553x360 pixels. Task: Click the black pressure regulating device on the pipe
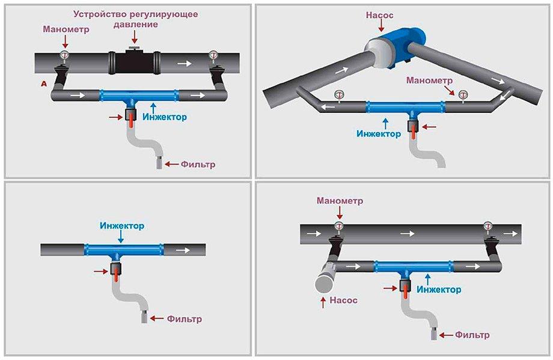pos(134,62)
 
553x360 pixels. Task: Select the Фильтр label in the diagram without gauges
pos(184,319)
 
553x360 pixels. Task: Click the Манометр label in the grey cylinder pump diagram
pos(340,201)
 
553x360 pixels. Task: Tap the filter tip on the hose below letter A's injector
pos(160,163)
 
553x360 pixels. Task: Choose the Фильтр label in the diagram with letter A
pos(198,164)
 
